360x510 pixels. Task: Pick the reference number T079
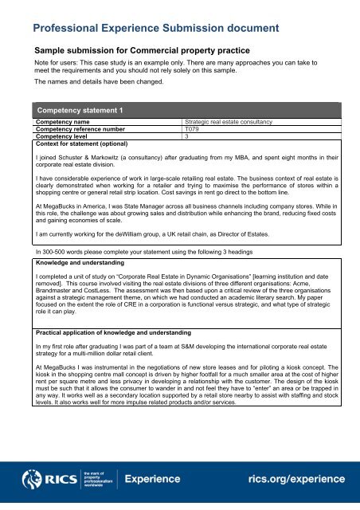[191, 129]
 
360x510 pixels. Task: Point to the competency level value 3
[186, 136]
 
